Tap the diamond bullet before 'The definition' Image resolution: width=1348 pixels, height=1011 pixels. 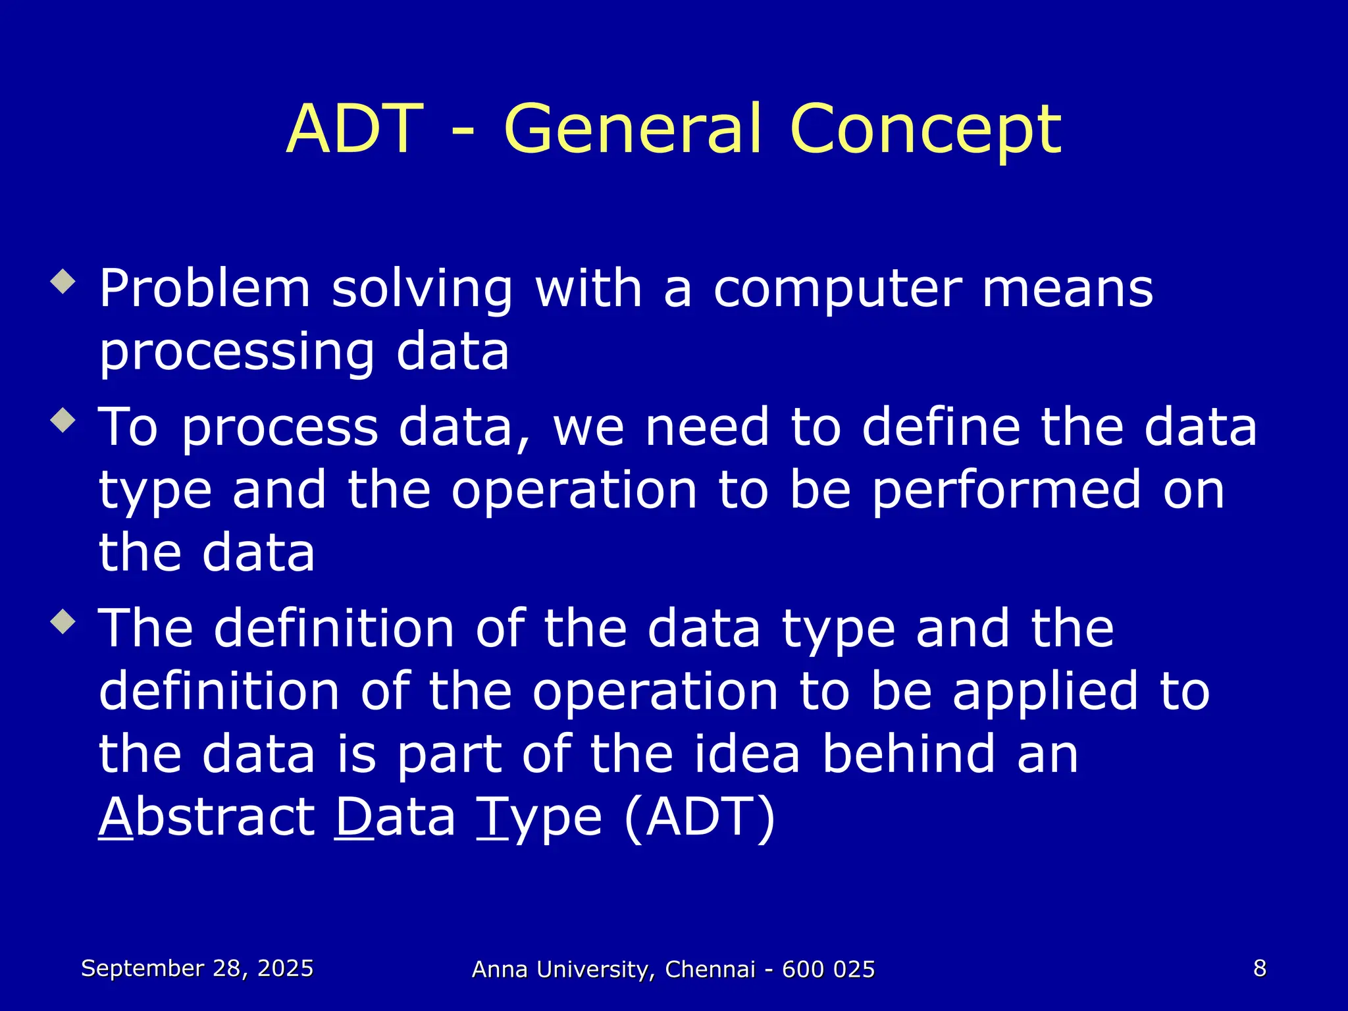point(63,621)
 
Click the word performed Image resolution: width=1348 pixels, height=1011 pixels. point(1007,491)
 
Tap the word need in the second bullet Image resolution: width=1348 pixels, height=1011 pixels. point(707,428)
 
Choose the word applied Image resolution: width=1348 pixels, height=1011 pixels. point(1045,692)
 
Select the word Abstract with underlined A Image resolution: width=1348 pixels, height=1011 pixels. point(207,817)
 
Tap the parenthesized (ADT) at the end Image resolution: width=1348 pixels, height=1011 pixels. point(700,817)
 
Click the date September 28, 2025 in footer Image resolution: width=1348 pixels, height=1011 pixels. point(197,968)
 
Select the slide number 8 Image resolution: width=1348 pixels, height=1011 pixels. point(1260,968)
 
